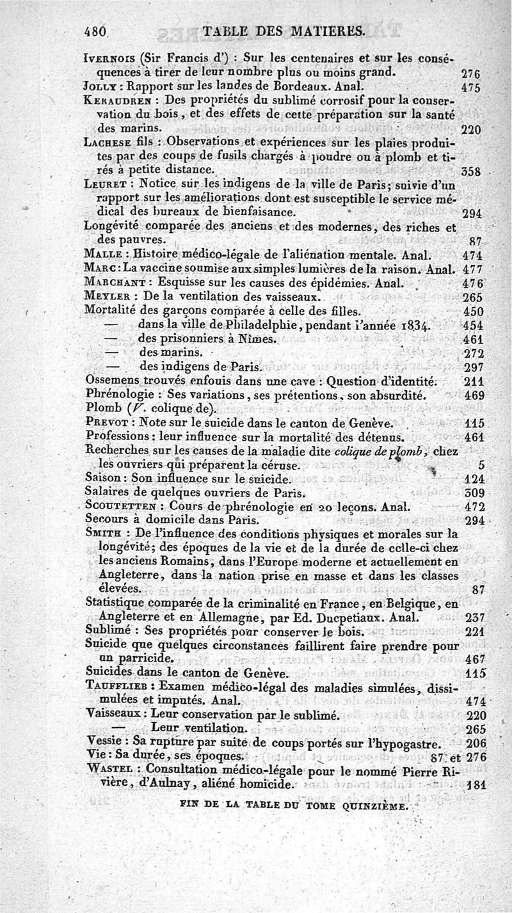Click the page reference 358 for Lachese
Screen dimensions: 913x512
[x=470, y=172]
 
